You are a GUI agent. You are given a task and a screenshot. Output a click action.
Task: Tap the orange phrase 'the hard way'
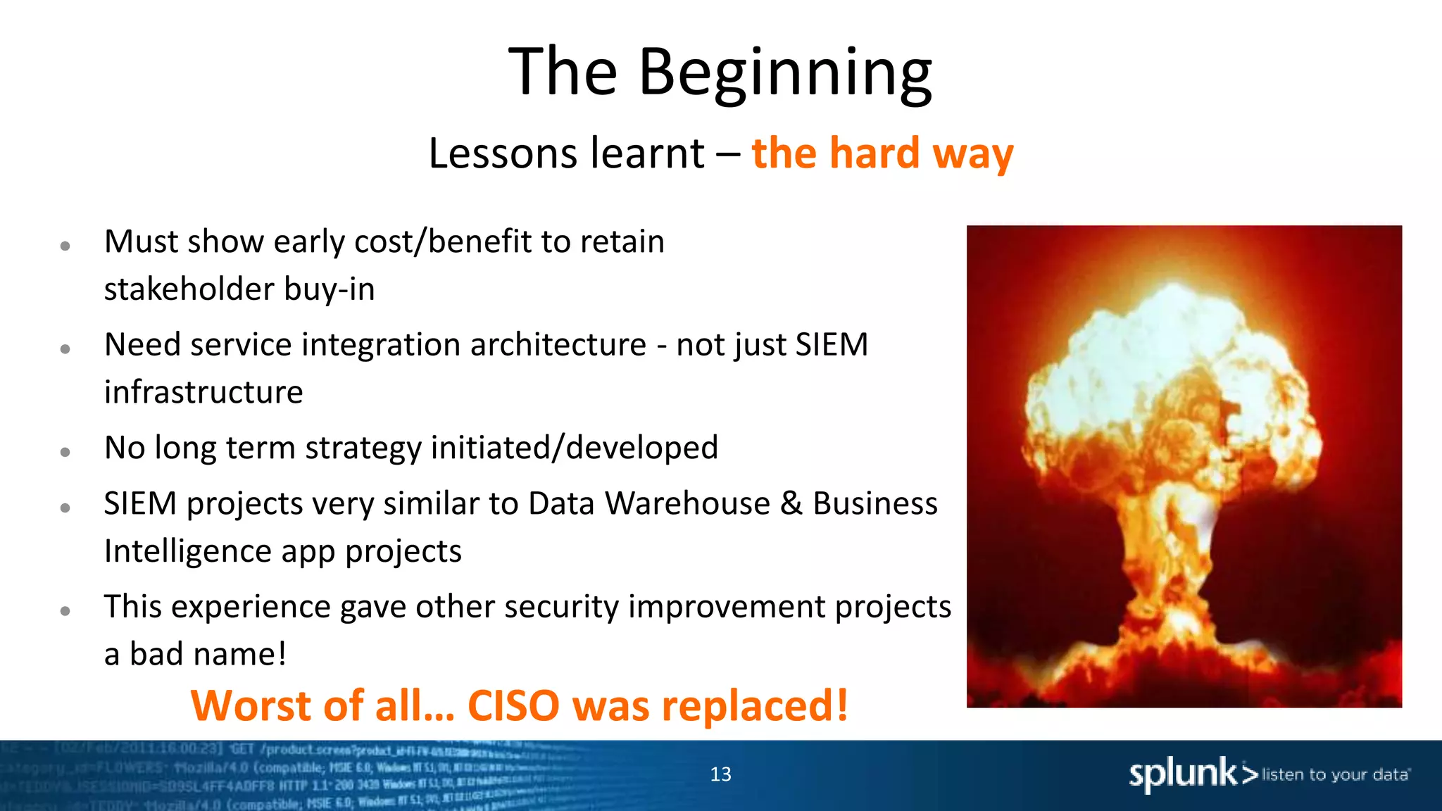point(882,153)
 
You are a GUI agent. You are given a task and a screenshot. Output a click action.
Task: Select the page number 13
point(720,774)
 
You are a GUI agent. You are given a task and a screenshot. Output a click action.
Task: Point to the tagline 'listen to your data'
point(1335,774)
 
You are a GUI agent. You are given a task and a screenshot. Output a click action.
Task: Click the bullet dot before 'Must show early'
point(65,246)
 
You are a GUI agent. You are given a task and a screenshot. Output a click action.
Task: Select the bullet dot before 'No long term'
point(65,452)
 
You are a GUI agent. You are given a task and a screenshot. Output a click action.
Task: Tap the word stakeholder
point(189,289)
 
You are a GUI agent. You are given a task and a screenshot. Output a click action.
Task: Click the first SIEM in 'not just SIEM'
point(832,345)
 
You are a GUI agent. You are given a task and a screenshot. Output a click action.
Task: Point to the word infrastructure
point(203,393)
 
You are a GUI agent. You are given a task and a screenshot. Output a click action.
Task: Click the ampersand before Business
point(791,504)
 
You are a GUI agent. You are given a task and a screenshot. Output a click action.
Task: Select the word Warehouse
point(687,504)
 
